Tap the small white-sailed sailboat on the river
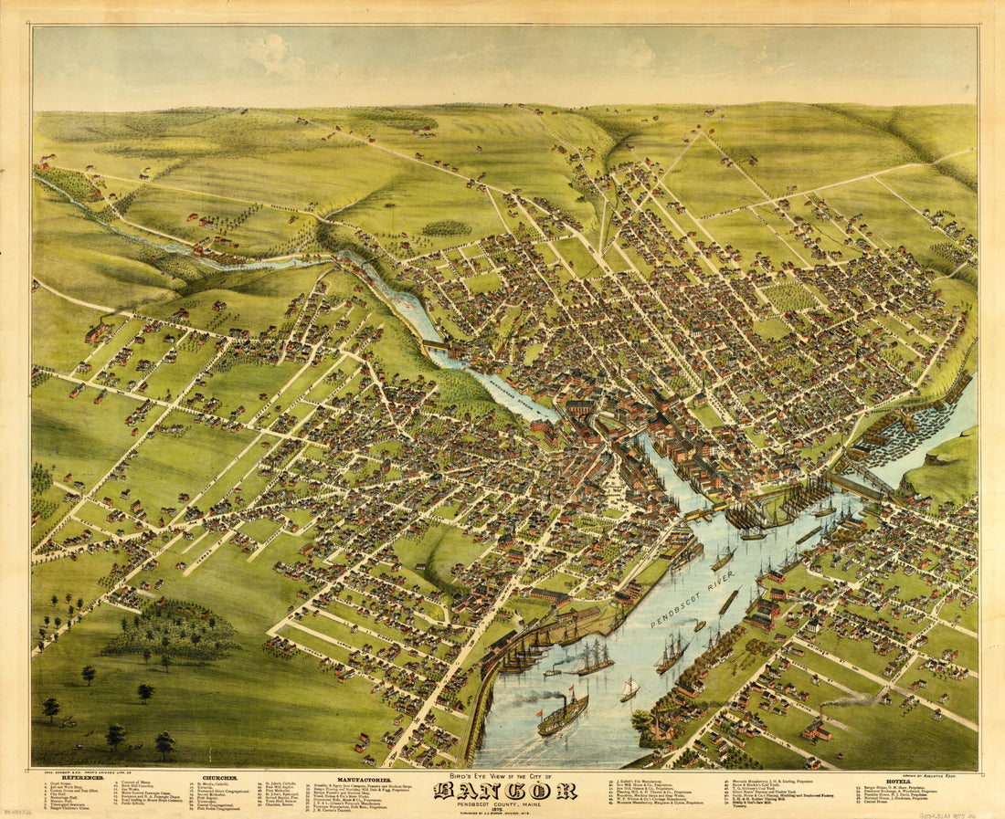630,689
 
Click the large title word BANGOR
504,790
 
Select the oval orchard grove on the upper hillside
447,227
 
